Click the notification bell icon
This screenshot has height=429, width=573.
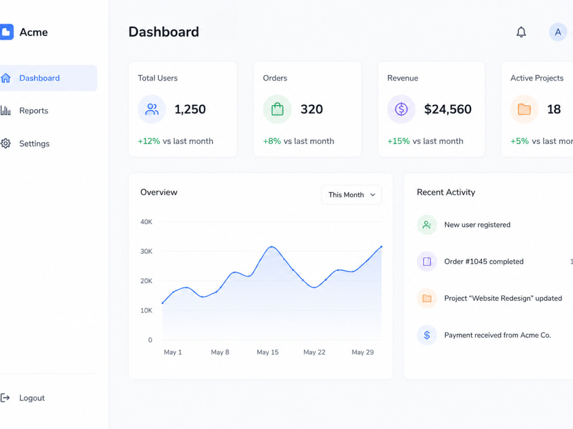521,32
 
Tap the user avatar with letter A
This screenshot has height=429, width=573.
558,32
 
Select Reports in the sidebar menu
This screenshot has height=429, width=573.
34,111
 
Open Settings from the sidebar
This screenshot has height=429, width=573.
34,144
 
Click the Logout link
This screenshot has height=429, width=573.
32,398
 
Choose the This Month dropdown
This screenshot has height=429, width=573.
352,195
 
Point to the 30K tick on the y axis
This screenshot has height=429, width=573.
146,251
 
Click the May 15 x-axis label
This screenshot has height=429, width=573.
268,352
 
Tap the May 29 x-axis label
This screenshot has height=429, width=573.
363,352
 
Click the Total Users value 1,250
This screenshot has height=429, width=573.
190,109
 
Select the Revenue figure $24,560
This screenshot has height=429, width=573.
448,109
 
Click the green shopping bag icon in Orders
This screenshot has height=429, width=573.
277,109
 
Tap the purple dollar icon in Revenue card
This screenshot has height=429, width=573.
401,109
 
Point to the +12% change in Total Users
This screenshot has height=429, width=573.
149,141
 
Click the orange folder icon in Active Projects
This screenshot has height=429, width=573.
524,109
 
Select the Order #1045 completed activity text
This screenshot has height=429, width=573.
484,262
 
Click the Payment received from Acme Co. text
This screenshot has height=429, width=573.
497,335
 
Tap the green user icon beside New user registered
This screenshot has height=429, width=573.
427,225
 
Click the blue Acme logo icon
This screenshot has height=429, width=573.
6,32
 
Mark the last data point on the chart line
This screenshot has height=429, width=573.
381,247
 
